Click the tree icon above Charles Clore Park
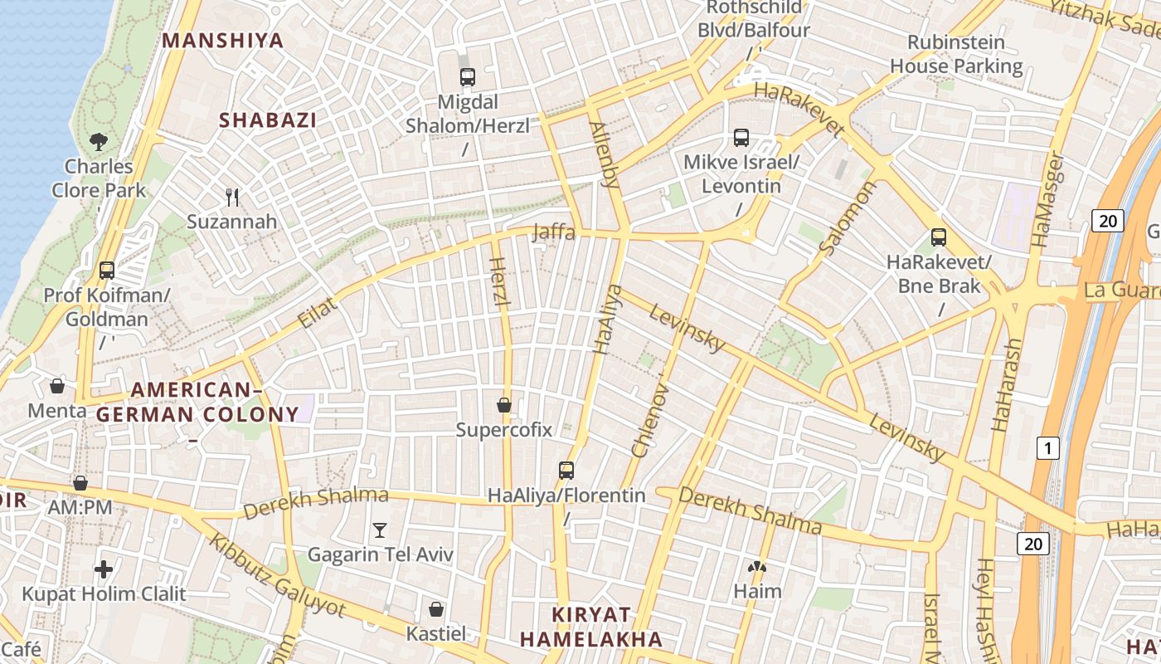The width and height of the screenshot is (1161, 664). pos(99,142)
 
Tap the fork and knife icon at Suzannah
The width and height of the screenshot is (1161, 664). pos(232,198)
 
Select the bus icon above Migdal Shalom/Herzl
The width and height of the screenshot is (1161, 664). pos(468,77)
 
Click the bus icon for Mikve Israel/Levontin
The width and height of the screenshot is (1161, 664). pos(741,138)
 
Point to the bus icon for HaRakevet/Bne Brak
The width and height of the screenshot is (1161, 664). pos(939,237)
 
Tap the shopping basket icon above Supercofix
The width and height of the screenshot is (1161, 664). pos(503,405)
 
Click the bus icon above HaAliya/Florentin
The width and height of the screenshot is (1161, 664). pos(566,471)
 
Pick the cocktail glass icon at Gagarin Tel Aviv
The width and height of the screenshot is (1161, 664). pos(380,530)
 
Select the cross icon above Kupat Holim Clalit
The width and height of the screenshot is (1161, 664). pos(104,569)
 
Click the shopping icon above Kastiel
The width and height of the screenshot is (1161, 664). pos(436,609)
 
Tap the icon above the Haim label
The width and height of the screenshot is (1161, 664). pos(757,568)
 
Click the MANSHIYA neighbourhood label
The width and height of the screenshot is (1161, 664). pos(223,41)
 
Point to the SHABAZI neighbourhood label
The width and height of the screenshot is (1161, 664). pos(268,120)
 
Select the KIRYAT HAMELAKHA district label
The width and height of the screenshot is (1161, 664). pos(591,627)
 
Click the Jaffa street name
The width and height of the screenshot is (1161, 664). pos(554,232)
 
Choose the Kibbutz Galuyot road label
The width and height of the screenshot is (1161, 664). pos(276,574)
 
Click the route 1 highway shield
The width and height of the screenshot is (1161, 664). pos(1048,449)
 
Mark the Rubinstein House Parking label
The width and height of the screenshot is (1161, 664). pos(956,54)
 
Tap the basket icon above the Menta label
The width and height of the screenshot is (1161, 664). pos(57,386)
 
